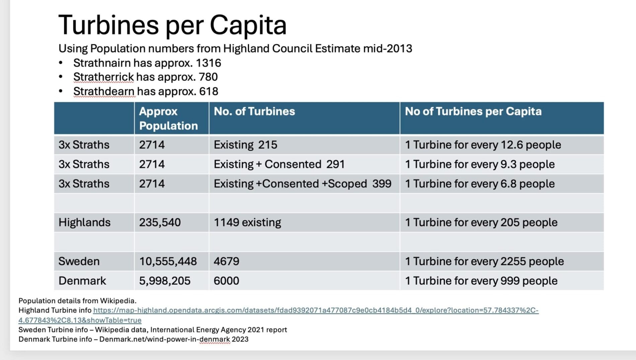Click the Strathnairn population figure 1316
(209, 63)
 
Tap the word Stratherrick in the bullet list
(103, 77)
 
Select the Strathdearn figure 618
(209, 91)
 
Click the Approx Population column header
(168, 119)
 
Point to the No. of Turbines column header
(254, 112)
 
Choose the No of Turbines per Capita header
(473, 112)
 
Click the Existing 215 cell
(245, 145)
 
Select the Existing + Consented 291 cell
(279, 164)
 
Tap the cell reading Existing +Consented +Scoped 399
(303, 184)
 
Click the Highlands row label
(84, 222)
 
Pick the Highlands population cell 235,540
(160, 222)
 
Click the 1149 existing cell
(247, 222)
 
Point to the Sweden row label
(79, 261)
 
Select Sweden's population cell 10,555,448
(168, 261)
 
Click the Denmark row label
(82, 281)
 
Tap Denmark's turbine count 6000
(226, 281)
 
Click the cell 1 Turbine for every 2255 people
(484, 261)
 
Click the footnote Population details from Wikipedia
(77, 301)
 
